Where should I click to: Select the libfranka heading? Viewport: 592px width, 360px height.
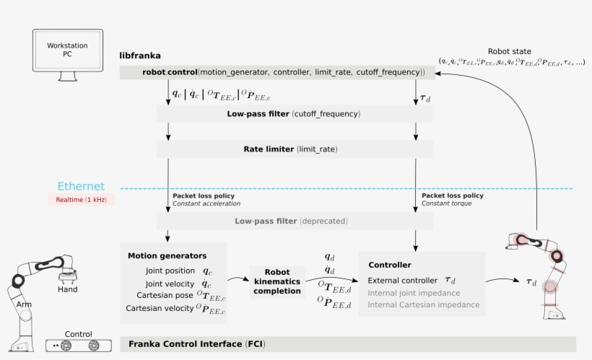(x=140, y=56)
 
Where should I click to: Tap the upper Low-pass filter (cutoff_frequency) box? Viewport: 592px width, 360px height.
(x=294, y=114)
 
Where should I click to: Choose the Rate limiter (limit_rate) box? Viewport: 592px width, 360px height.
(x=294, y=149)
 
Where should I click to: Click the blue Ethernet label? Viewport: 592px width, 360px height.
(x=81, y=186)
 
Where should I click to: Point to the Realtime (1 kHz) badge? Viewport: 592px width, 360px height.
(x=81, y=200)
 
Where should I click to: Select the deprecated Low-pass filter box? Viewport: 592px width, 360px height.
(x=294, y=221)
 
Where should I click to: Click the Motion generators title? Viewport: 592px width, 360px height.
(x=167, y=255)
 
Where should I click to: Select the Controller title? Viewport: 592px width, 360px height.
(x=390, y=265)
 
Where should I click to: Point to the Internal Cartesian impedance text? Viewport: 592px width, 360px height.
(x=424, y=304)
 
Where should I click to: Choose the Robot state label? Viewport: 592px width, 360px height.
(x=509, y=51)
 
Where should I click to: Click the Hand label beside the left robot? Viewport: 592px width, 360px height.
(x=68, y=289)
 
